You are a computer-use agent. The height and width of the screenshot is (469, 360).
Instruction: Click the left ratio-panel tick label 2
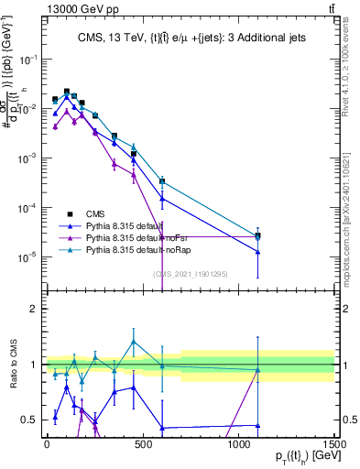[32, 309]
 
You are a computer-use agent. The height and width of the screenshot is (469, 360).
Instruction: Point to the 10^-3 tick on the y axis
[27, 158]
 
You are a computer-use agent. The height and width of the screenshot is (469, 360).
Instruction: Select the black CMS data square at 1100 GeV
[257, 235]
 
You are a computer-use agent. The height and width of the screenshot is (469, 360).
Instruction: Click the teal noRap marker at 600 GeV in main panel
[162, 181]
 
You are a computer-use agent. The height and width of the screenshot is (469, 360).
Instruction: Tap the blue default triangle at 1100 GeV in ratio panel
[257, 426]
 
